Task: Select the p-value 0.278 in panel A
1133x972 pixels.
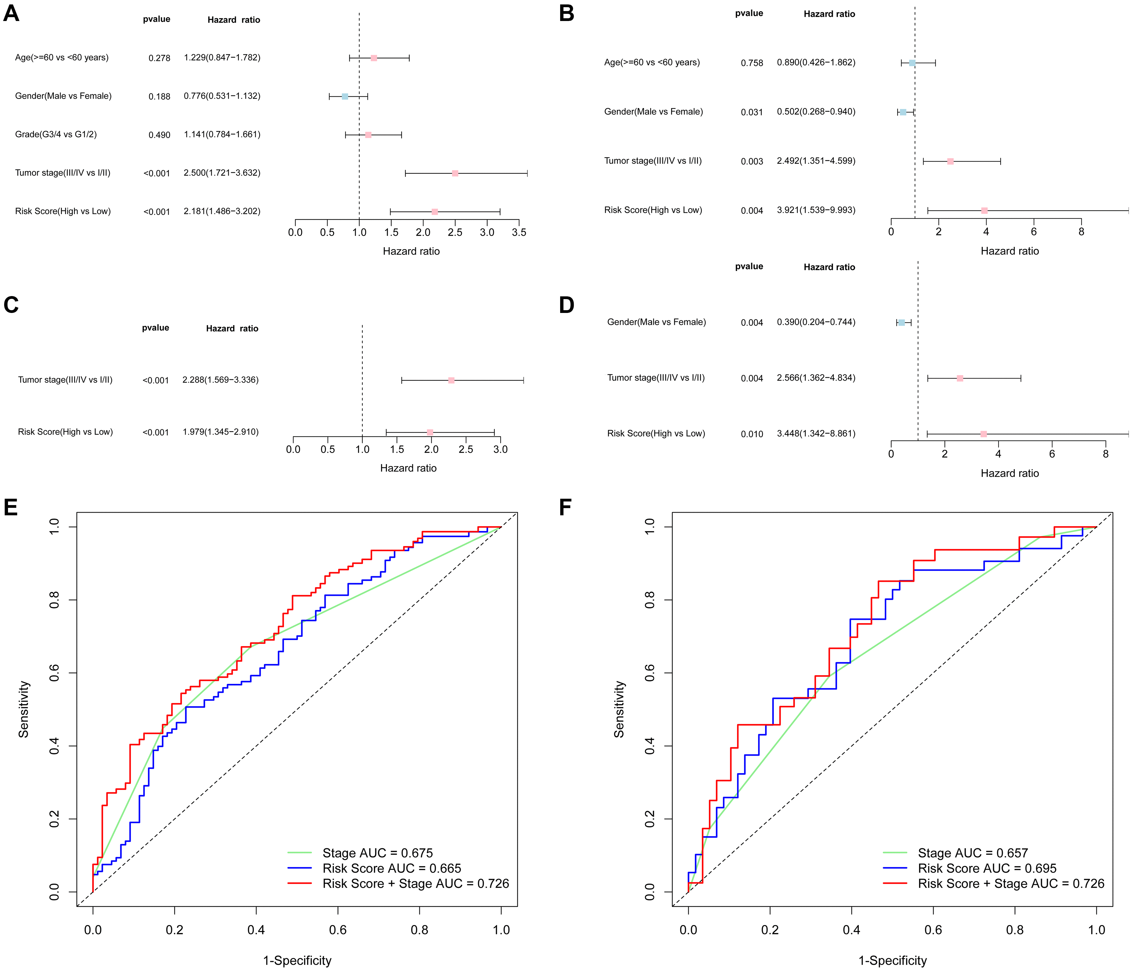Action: coord(159,58)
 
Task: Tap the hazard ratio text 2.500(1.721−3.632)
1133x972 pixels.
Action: coord(222,173)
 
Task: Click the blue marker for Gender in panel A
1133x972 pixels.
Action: coord(345,96)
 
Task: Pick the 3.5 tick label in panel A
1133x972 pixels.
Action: coord(519,232)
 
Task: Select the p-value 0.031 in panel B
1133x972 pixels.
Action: coord(752,112)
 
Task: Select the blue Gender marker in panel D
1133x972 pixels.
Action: coord(902,323)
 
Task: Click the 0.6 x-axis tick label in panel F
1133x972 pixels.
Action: coord(933,930)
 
